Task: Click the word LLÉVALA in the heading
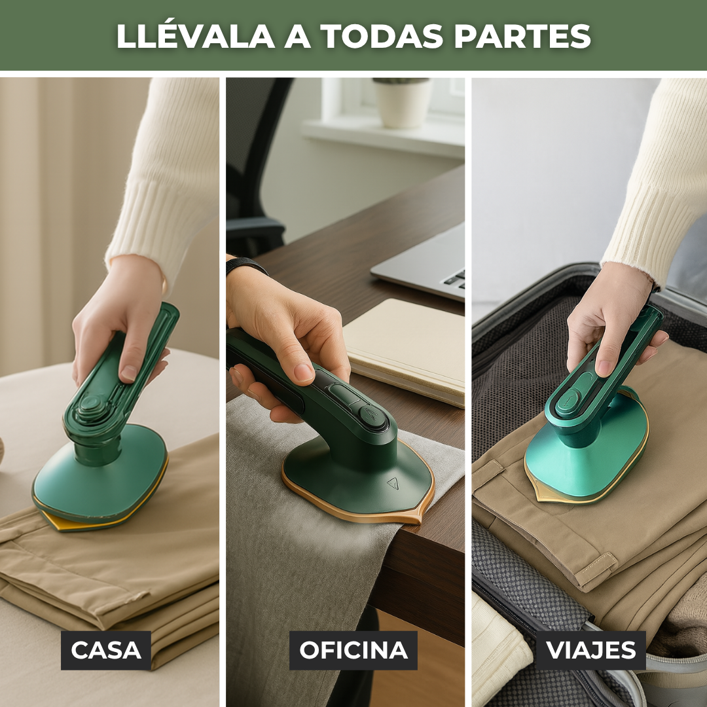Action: (x=195, y=36)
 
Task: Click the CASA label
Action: (x=106, y=650)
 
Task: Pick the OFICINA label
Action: (x=353, y=650)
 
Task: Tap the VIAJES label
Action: (x=590, y=650)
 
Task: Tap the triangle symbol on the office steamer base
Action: (x=393, y=483)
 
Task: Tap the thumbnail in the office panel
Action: (x=304, y=372)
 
